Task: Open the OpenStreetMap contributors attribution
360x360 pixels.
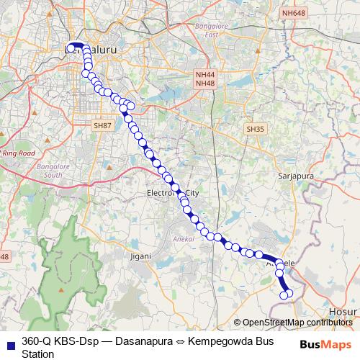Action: pyautogui.click(x=297, y=323)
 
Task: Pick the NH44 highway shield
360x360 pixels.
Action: pyautogui.click(x=205, y=74)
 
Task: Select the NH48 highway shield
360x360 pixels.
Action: pyautogui.click(x=205, y=84)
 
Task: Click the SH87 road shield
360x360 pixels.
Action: pyautogui.click(x=102, y=125)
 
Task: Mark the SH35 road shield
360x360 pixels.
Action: pyautogui.click(x=255, y=129)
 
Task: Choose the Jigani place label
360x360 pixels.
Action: pyautogui.click(x=140, y=256)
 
